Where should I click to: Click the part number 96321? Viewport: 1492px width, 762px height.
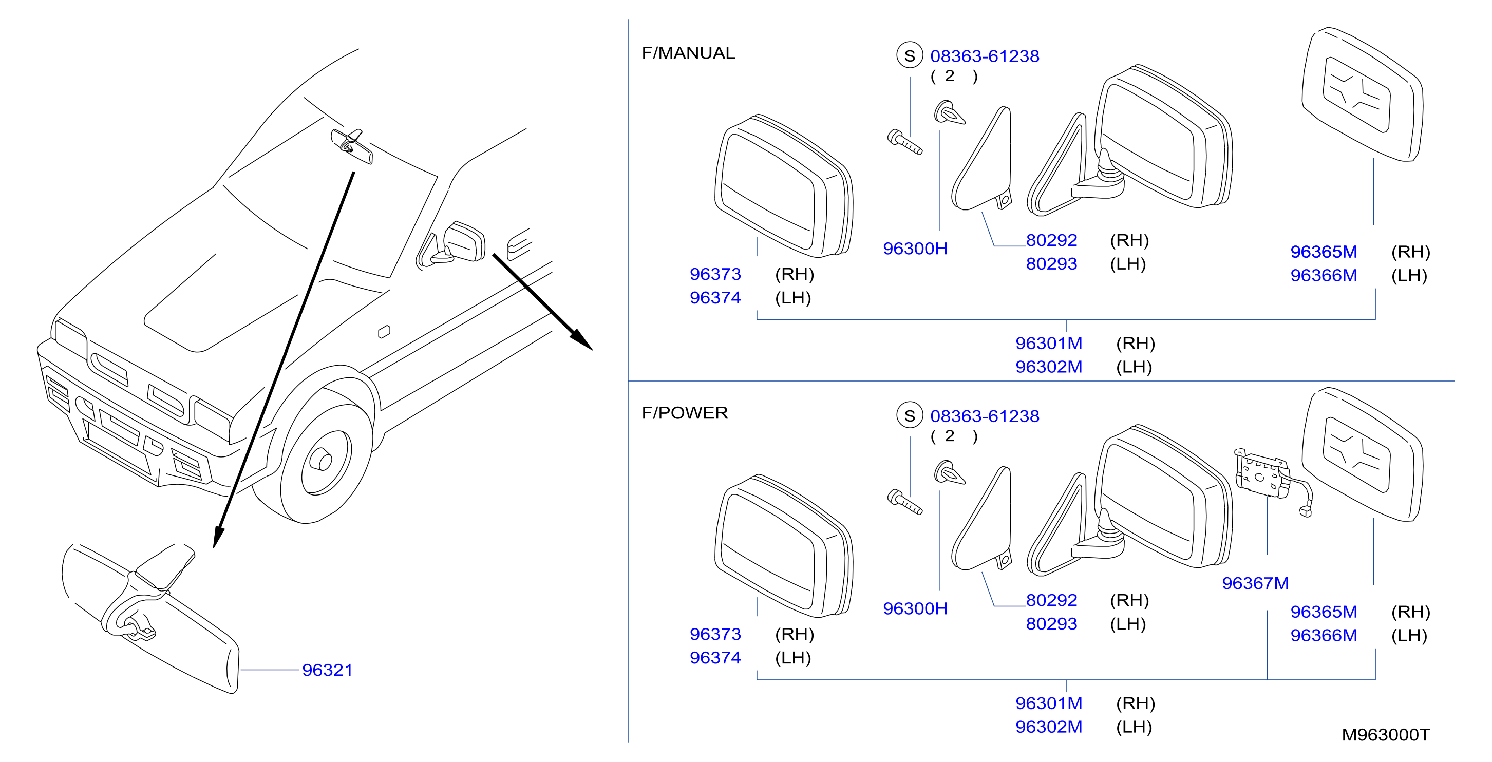point(327,670)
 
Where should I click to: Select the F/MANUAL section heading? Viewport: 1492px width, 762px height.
point(688,53)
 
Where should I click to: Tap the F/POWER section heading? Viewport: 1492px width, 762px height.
point(685,413)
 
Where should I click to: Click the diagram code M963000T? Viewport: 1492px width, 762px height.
point(1386,735)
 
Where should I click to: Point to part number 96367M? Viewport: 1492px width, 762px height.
point(1255,583)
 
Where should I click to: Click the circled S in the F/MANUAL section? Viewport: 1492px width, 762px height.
point(910,55)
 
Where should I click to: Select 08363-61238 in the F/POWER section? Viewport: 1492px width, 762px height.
point(985,416)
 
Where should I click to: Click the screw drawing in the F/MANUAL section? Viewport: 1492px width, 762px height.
point(904,142)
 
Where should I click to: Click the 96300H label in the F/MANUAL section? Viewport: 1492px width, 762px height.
point(915,249)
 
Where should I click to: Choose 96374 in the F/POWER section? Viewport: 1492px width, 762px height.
point(715,658)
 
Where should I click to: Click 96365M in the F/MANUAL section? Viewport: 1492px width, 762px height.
point(1324,252)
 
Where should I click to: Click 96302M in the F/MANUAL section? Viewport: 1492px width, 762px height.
point(1048,367)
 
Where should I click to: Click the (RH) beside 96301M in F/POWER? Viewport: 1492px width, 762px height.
point(1135,703)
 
